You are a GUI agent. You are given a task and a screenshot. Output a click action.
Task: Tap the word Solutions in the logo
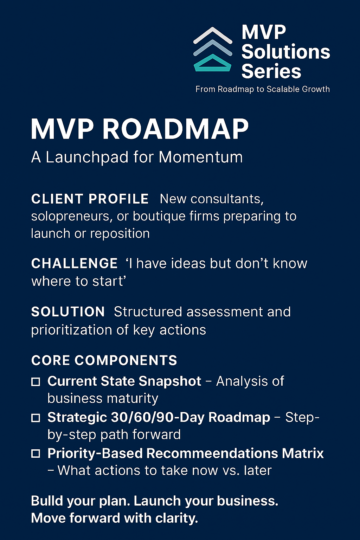point(285,52)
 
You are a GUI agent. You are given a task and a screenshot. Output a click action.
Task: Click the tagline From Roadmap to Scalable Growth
point(262,89)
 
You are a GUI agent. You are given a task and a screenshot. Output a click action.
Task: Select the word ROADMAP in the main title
point(175,129)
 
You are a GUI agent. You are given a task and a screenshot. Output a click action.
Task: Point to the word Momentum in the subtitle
point(200,157)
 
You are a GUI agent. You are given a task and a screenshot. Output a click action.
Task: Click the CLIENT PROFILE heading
point(90,199)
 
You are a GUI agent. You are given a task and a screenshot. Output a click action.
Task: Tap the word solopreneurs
point(72,216)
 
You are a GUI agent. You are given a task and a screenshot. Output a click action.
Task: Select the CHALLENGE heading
point(74,264)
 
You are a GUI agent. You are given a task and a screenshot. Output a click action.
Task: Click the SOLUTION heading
point(68,312)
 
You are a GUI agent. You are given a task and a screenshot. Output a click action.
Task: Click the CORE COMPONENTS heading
point(104,361)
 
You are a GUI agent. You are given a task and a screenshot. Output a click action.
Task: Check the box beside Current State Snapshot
point(36,382)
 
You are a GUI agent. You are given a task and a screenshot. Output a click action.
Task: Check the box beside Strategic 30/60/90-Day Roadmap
point(36,418)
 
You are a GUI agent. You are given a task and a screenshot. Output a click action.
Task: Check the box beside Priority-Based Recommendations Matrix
point(36,454)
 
